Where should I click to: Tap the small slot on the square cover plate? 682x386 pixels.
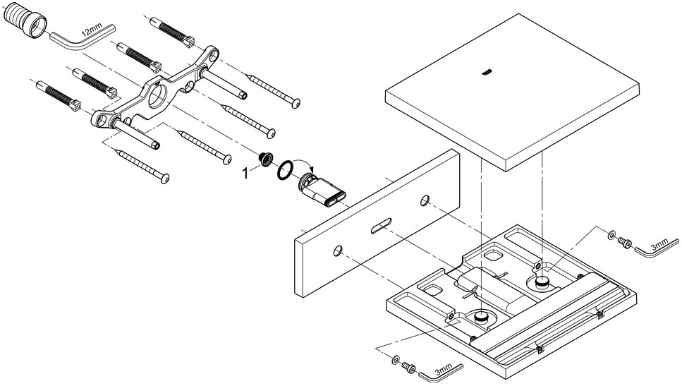pyautogui.click(x=485, y=71)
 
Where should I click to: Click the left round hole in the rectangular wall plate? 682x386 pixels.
pyautogui.click(x=339, y=250)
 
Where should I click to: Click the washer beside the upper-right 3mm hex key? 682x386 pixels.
pyautogui.click(x=611, y=235)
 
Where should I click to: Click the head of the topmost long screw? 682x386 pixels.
pyautogui.click(x=295, y=101)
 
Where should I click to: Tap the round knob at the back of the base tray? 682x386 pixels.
pyautogui.click(x=542, y=282)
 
